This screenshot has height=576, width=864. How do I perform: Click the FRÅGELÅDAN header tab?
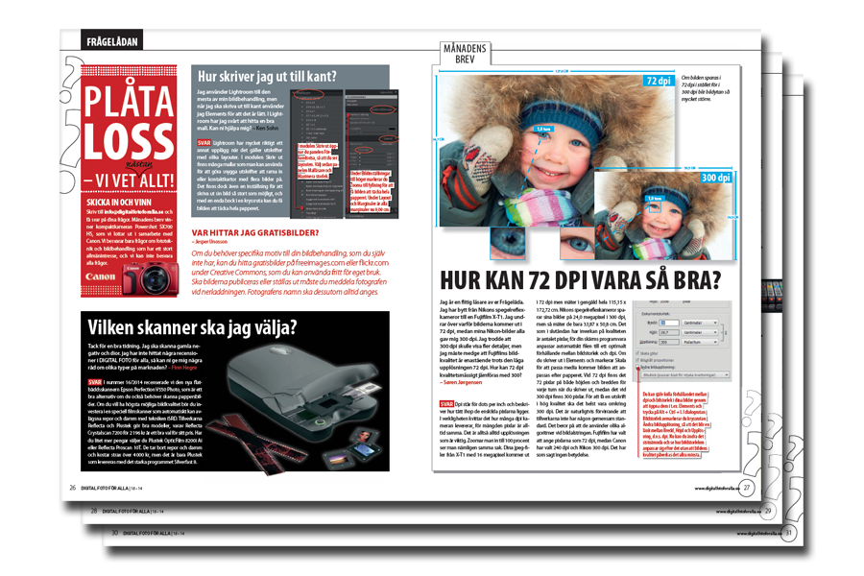[108, 42]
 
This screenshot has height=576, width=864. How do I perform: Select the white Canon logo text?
[101, 276]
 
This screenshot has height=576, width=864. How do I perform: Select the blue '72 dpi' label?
[657, 81]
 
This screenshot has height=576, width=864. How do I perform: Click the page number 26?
[72, 489]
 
